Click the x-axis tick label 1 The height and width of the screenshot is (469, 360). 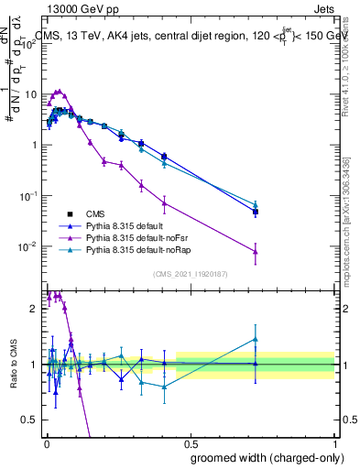[334, 443]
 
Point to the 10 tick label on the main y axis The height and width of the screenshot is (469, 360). [30, 94]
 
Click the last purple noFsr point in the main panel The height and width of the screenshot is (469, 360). [256, 251]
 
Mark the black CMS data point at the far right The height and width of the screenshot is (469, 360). [256, 212]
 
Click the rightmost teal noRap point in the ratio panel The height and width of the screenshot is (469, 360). [256, 339]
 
